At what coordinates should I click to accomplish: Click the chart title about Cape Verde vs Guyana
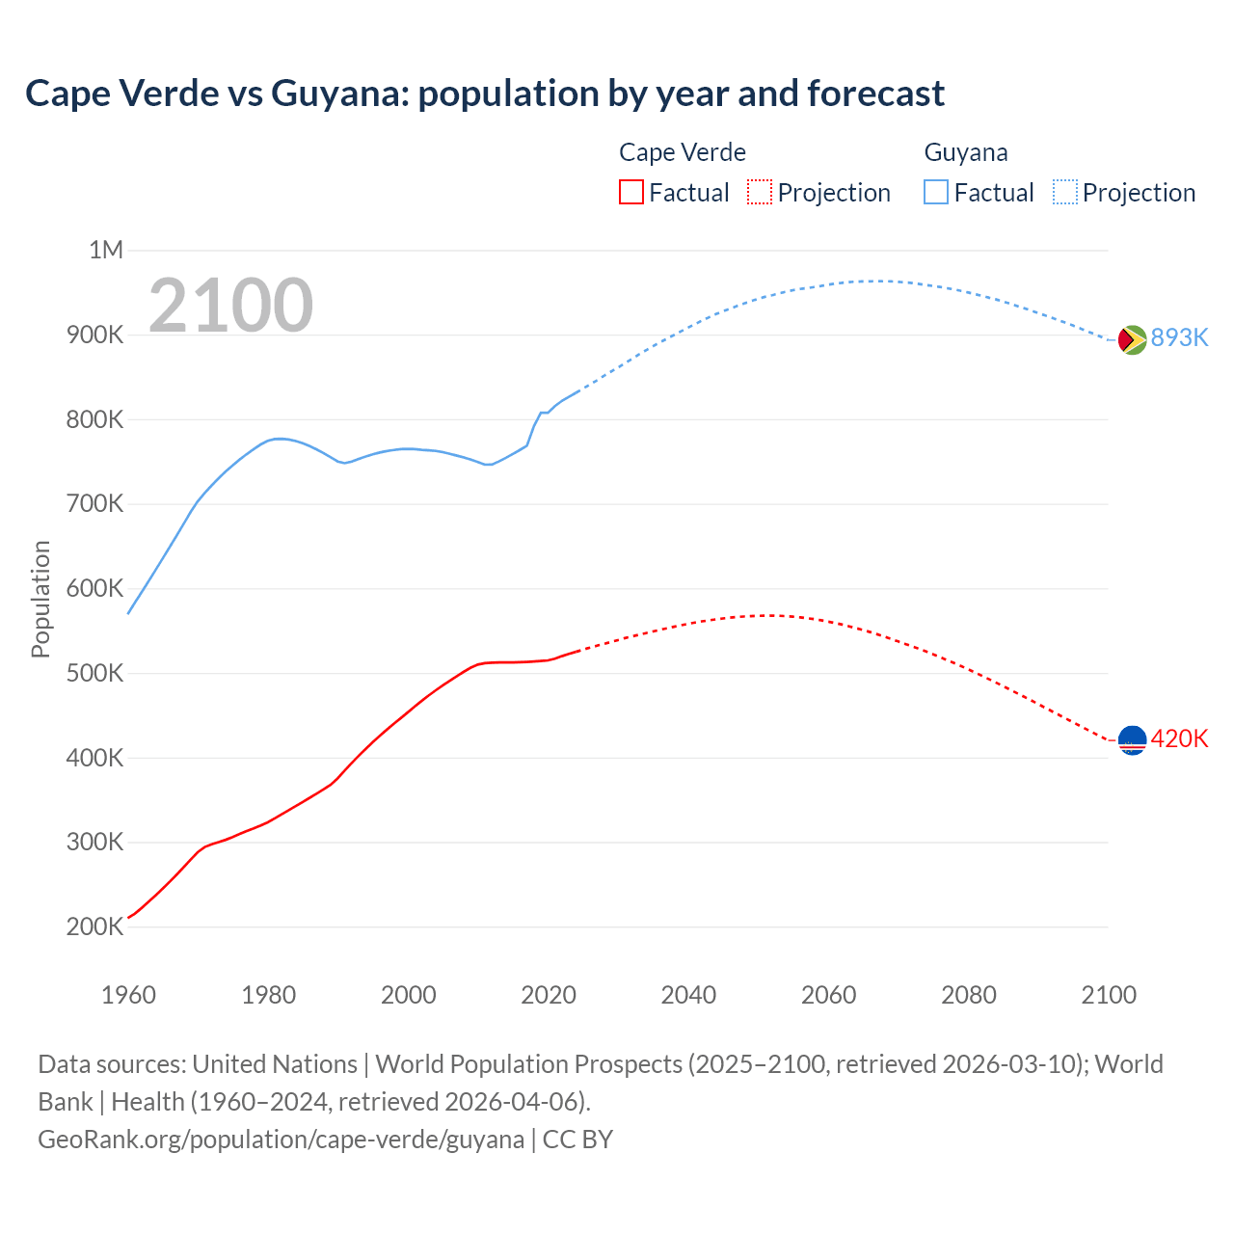(x=485, y=94)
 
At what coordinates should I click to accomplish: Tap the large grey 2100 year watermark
(x=230, y=306)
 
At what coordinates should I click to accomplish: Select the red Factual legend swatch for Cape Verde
(x=630, y=193)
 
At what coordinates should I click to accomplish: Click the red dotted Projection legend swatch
(x=760, y=193)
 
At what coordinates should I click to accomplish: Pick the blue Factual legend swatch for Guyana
(x=936, y=193)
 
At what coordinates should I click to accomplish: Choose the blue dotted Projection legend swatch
(x=1064, y=193)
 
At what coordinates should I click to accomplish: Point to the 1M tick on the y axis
(x=106, y=251)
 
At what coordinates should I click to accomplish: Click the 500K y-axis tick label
(x=95, y=673)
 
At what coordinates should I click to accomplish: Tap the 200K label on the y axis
(x=95, y=926)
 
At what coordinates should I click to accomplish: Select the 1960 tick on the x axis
(x=128, y=995)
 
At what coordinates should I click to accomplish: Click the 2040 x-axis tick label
(x=688, y=995)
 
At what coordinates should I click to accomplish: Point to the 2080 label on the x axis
(x=968, y=995)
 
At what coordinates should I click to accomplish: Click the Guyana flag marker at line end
(x=1132, y=339)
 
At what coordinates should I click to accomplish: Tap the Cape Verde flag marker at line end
(x=1132, y=740)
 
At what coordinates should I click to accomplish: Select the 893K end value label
(x=1179, y=337)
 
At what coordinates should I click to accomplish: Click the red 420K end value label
(x=1179, y=738)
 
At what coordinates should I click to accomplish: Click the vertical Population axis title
(x=40, y=599)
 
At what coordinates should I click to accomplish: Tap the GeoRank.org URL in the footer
(x=281, y=1140)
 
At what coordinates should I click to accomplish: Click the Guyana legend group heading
(x=965, y=152)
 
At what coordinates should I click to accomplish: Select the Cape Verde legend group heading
(x=682, y=152)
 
